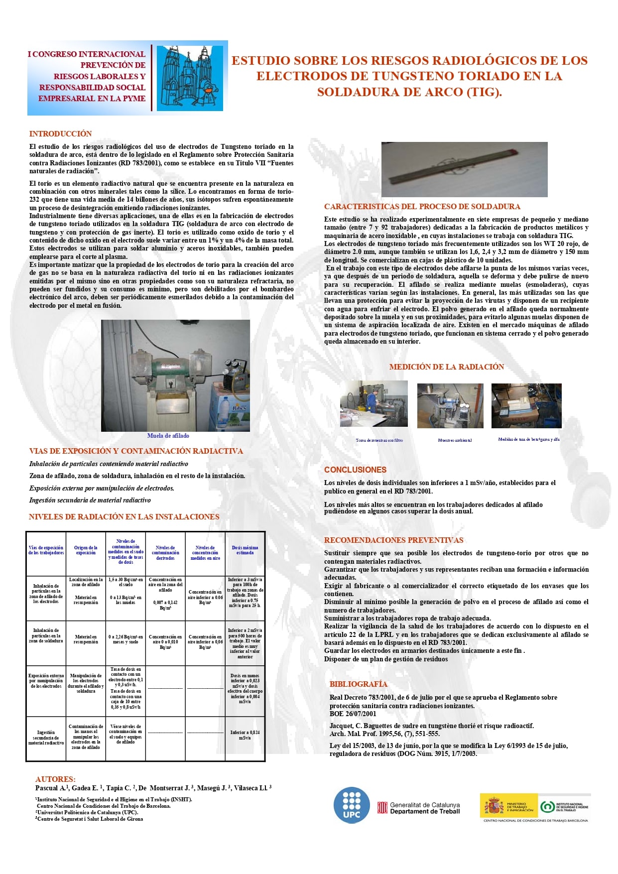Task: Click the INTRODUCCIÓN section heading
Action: [60, 133]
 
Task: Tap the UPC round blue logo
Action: [352, 805]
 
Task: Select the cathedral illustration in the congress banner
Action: [190, 78]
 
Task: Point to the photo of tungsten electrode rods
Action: [464, 169]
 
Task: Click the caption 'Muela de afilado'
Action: [168, 436]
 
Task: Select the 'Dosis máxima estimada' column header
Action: [245, 550]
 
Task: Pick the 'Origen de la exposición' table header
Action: [86, 550]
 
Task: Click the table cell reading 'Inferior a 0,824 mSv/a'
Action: [245, 735]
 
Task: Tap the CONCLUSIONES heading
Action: [355, 470]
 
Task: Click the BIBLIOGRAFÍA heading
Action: [358, 684]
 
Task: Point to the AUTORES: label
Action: [55, 779]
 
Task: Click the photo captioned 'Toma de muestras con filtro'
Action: [373, 403]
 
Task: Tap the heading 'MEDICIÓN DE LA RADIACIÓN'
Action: [446, 367]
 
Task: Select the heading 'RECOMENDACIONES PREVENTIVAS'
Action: [393, 540]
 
